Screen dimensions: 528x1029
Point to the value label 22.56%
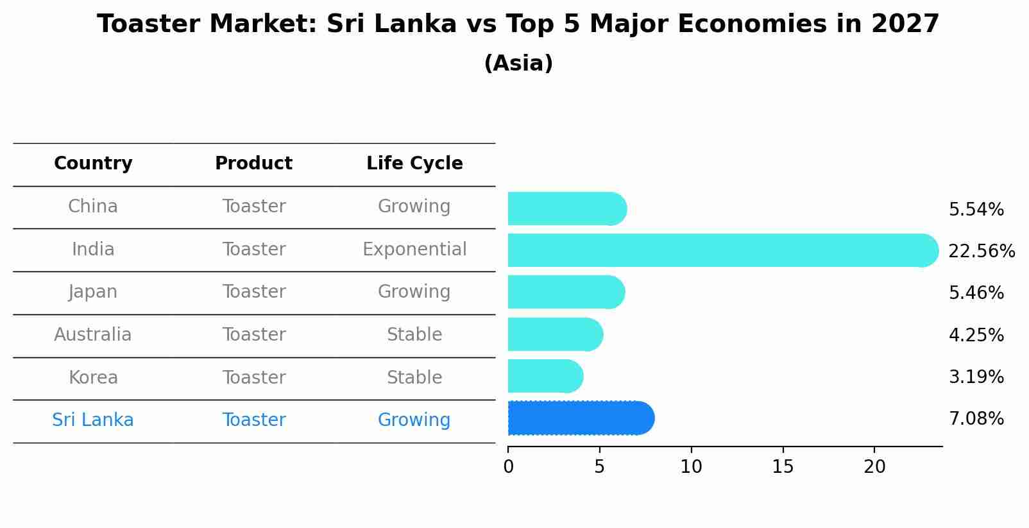[x=982, y=251]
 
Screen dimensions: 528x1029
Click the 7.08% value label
[x=976, y=419]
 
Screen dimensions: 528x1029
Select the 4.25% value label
[x=976, y=335]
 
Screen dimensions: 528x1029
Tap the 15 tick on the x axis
[x=783, y=467]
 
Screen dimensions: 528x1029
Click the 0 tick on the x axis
[x=509, y=467]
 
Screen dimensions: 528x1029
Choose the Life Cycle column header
[x=414, y=164]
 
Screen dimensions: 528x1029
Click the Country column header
[x=93, y=164]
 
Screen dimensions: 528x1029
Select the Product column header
[x=253, y=164]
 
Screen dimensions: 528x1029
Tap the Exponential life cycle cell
[x=414, y=249]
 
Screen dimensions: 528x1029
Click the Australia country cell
[x=93, y=335]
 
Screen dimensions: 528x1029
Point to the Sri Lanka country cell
[x=93, y=420]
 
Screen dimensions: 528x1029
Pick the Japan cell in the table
[x=93, y=292]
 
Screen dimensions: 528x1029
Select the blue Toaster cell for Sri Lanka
[x=254, y=420]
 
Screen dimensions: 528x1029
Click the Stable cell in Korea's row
[x=414, y=377]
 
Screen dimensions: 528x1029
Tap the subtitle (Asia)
[x=518, y=64]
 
